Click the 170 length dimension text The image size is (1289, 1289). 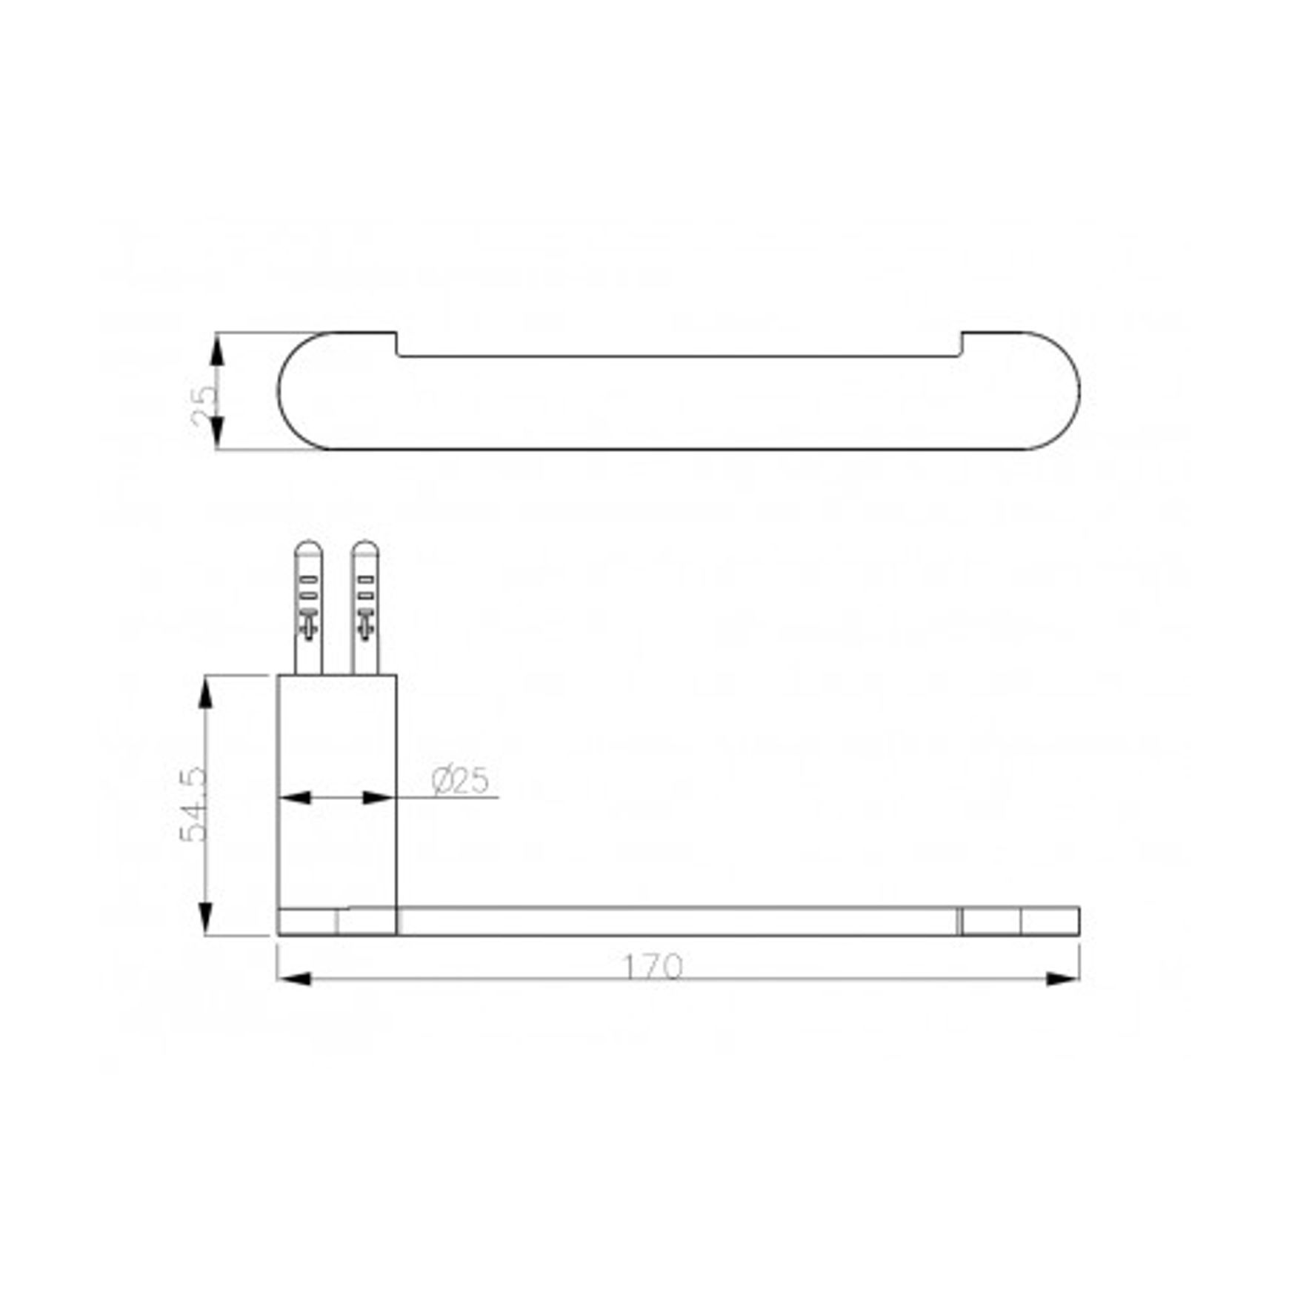pyautogui.click(x=652, y=967)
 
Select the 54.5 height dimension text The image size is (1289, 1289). pyautogui.click(x=194, y=805)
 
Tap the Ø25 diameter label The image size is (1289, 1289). pyautogui.click(x=460, y=780)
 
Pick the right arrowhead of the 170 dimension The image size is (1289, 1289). pyautogui.click(x=1062, y=979)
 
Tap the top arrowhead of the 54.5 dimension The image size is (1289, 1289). pyautogui.click(x=206, y=693)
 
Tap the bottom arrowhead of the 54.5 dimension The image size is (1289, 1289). pyautogui.click(x=206, y=918)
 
